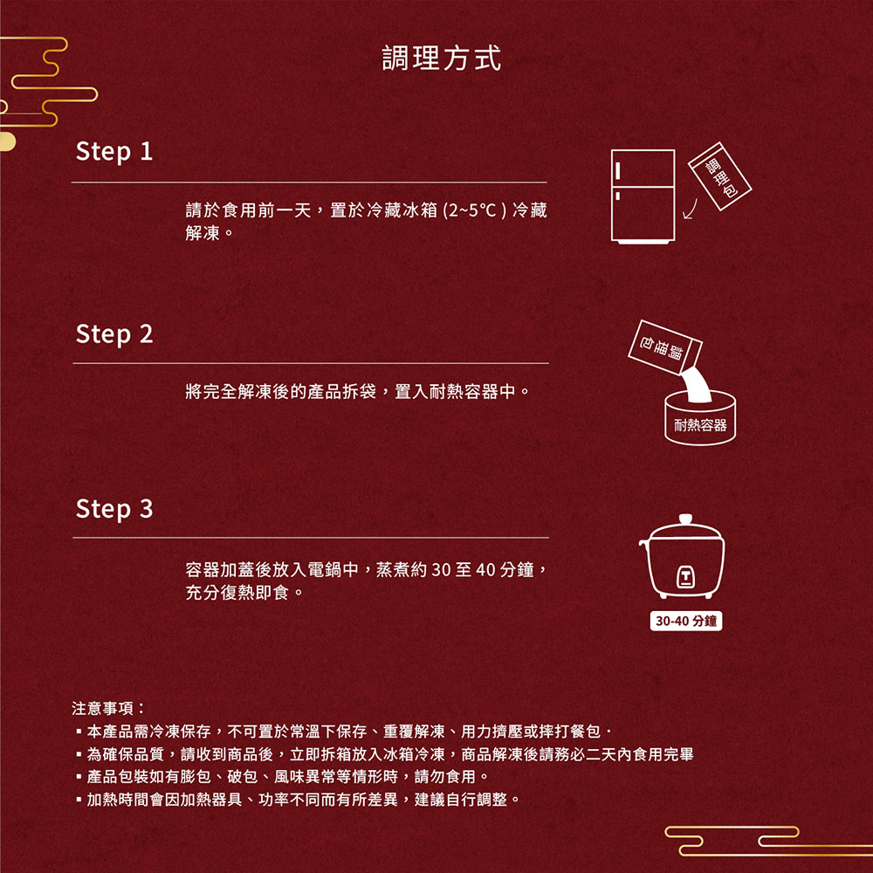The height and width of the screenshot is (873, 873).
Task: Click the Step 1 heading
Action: tap(114, 152)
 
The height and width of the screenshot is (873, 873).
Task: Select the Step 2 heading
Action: tap(114, 333)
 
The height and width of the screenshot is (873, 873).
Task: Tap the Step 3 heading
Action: tap(114, 509)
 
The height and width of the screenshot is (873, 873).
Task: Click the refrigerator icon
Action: tap(643, 196)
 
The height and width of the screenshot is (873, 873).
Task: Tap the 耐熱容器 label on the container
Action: tap(700, 425)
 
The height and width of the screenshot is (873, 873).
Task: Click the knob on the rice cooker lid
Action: tap(685, 519)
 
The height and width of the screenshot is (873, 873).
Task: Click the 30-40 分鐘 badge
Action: tap(685, 622)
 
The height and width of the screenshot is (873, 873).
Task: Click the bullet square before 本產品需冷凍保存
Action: tap(79, 732)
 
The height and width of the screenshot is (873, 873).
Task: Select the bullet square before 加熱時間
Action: tap(79, 800)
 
